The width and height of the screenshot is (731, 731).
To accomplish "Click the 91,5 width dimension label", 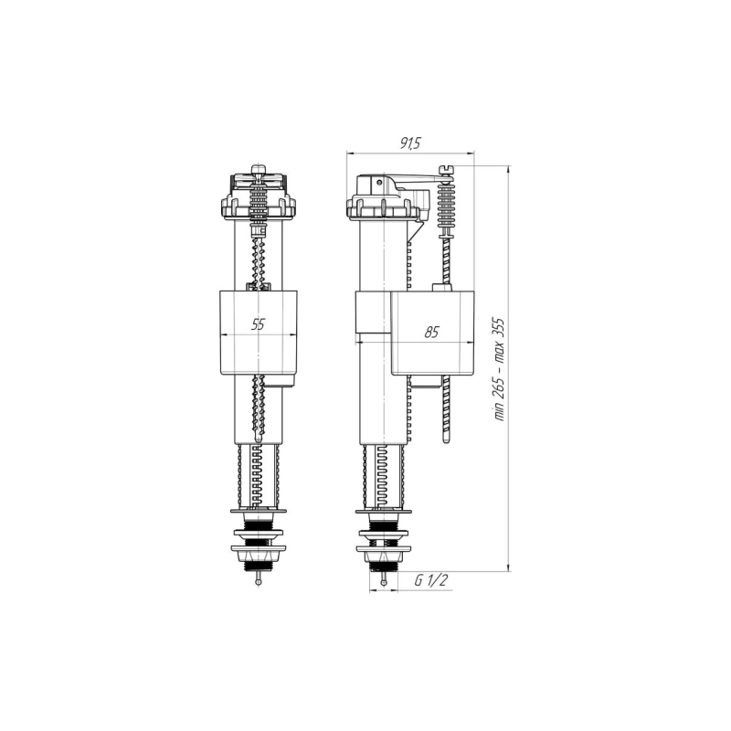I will click(x=410, y=143).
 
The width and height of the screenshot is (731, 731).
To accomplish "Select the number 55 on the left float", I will click(x=259, y=323).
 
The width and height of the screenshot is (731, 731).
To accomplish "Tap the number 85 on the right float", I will click(x=431, y=333).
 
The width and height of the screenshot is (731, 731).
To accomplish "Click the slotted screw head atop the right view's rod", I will click(x=447, y=170).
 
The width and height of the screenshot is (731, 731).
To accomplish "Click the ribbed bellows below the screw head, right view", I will click(x=447, y=206).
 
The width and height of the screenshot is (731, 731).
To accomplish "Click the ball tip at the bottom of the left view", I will click(x=259, y=582).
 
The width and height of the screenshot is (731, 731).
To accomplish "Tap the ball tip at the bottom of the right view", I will click(x=384, y=582).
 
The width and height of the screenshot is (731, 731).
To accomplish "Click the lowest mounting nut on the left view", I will click(x=259, y=549).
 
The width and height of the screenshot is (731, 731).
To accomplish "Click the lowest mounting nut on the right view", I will click(x=384, y=549).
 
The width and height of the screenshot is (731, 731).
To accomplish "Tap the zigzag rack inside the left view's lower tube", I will click(x=259, y=475).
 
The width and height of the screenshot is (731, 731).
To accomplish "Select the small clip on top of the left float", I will click(x=259, y=287).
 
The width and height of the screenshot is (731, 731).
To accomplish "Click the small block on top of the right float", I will click(x=442, y=288).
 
